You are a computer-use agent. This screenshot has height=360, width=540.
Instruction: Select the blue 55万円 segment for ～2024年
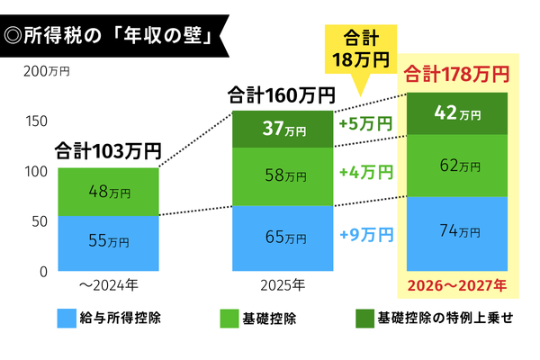108,241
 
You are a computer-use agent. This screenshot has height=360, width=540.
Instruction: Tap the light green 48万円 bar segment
108,192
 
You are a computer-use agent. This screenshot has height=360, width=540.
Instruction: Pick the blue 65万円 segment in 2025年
282,238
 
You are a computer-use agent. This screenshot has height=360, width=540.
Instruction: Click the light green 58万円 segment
282,176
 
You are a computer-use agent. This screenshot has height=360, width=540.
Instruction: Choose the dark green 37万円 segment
282,130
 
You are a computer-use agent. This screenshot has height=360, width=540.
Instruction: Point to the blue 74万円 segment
456,233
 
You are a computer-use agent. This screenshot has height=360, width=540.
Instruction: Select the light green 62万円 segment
456,166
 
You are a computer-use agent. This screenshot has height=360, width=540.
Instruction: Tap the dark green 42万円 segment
456,113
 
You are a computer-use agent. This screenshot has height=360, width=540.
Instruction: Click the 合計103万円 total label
108,149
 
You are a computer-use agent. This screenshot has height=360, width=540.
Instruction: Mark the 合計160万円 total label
281,94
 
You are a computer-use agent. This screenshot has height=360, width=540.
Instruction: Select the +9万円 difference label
367,235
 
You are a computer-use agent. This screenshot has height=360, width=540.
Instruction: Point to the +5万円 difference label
367,123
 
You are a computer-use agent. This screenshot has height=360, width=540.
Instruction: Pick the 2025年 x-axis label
282,285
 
